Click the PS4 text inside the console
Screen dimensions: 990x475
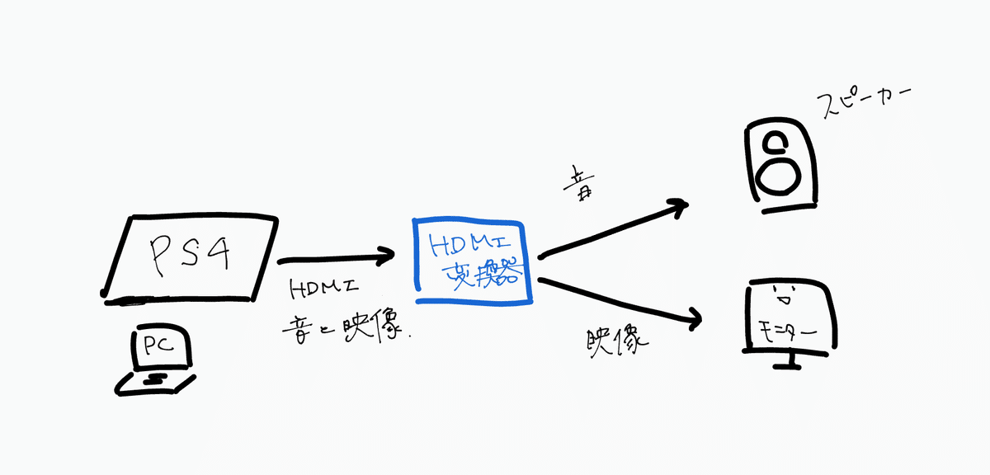(x=189, y=255)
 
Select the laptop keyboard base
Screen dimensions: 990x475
(x=157, y=381)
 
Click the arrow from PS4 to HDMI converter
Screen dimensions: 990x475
(x=334, y=259)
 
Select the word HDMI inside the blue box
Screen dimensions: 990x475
(x=469, y=245)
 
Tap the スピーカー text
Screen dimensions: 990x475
(x=860, y=103)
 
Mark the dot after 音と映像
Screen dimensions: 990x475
(x=410, y=337)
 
